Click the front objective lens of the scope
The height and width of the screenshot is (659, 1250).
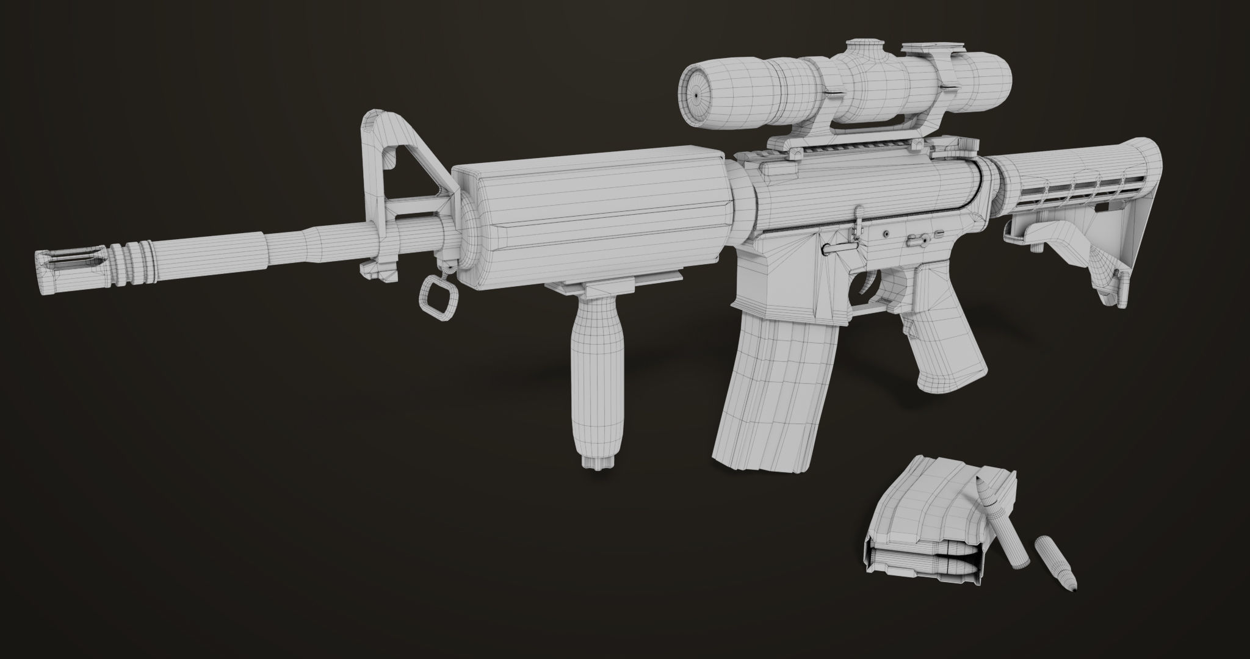click(697, 95)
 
